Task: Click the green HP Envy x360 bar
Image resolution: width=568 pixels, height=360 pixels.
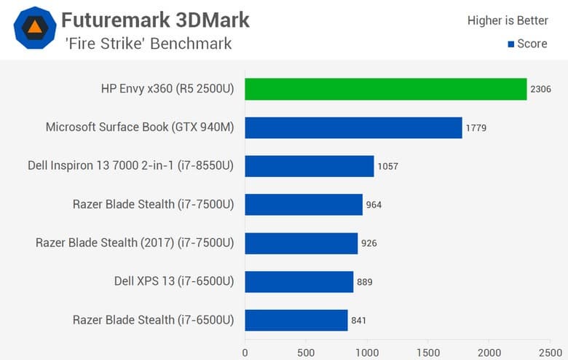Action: pyautogui.click(x=385, y=89)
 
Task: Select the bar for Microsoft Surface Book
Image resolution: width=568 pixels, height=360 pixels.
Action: pyautogui.click(x=353, y=128)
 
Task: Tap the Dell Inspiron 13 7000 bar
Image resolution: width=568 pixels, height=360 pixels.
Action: pyautogui.click(x=309, y=166)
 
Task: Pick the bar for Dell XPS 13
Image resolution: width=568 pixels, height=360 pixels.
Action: pyautogui.click(x=299, y=281)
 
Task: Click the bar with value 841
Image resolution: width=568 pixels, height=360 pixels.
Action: pyautogui.click(x=296, y=320)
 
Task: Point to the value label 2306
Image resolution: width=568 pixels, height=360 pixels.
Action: pyautogui.click(x=540, y=89)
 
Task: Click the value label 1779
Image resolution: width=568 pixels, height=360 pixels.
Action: pyautogui.click(x=476, y=128)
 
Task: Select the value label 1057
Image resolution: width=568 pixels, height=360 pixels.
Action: pyautogui.click(x=387, y=166)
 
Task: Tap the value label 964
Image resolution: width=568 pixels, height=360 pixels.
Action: pyautogui.click(x=374, y=205)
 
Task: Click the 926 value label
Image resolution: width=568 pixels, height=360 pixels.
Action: pyautogui.click(x=368, y=243)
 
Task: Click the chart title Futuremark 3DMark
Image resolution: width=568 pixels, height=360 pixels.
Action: pyautogui.click(x=155, y=20)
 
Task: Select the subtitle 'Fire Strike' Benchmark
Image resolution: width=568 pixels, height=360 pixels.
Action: pyautogui.click(x=146, y=44)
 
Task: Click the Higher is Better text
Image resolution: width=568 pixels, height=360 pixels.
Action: pyautogui.click(x=507, y=20)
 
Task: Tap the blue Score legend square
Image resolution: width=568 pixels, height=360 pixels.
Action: pyautogui.click(x=510, y=44)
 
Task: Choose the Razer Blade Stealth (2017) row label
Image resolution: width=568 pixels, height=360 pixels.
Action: pyautogui.click(x=135, y=243)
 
